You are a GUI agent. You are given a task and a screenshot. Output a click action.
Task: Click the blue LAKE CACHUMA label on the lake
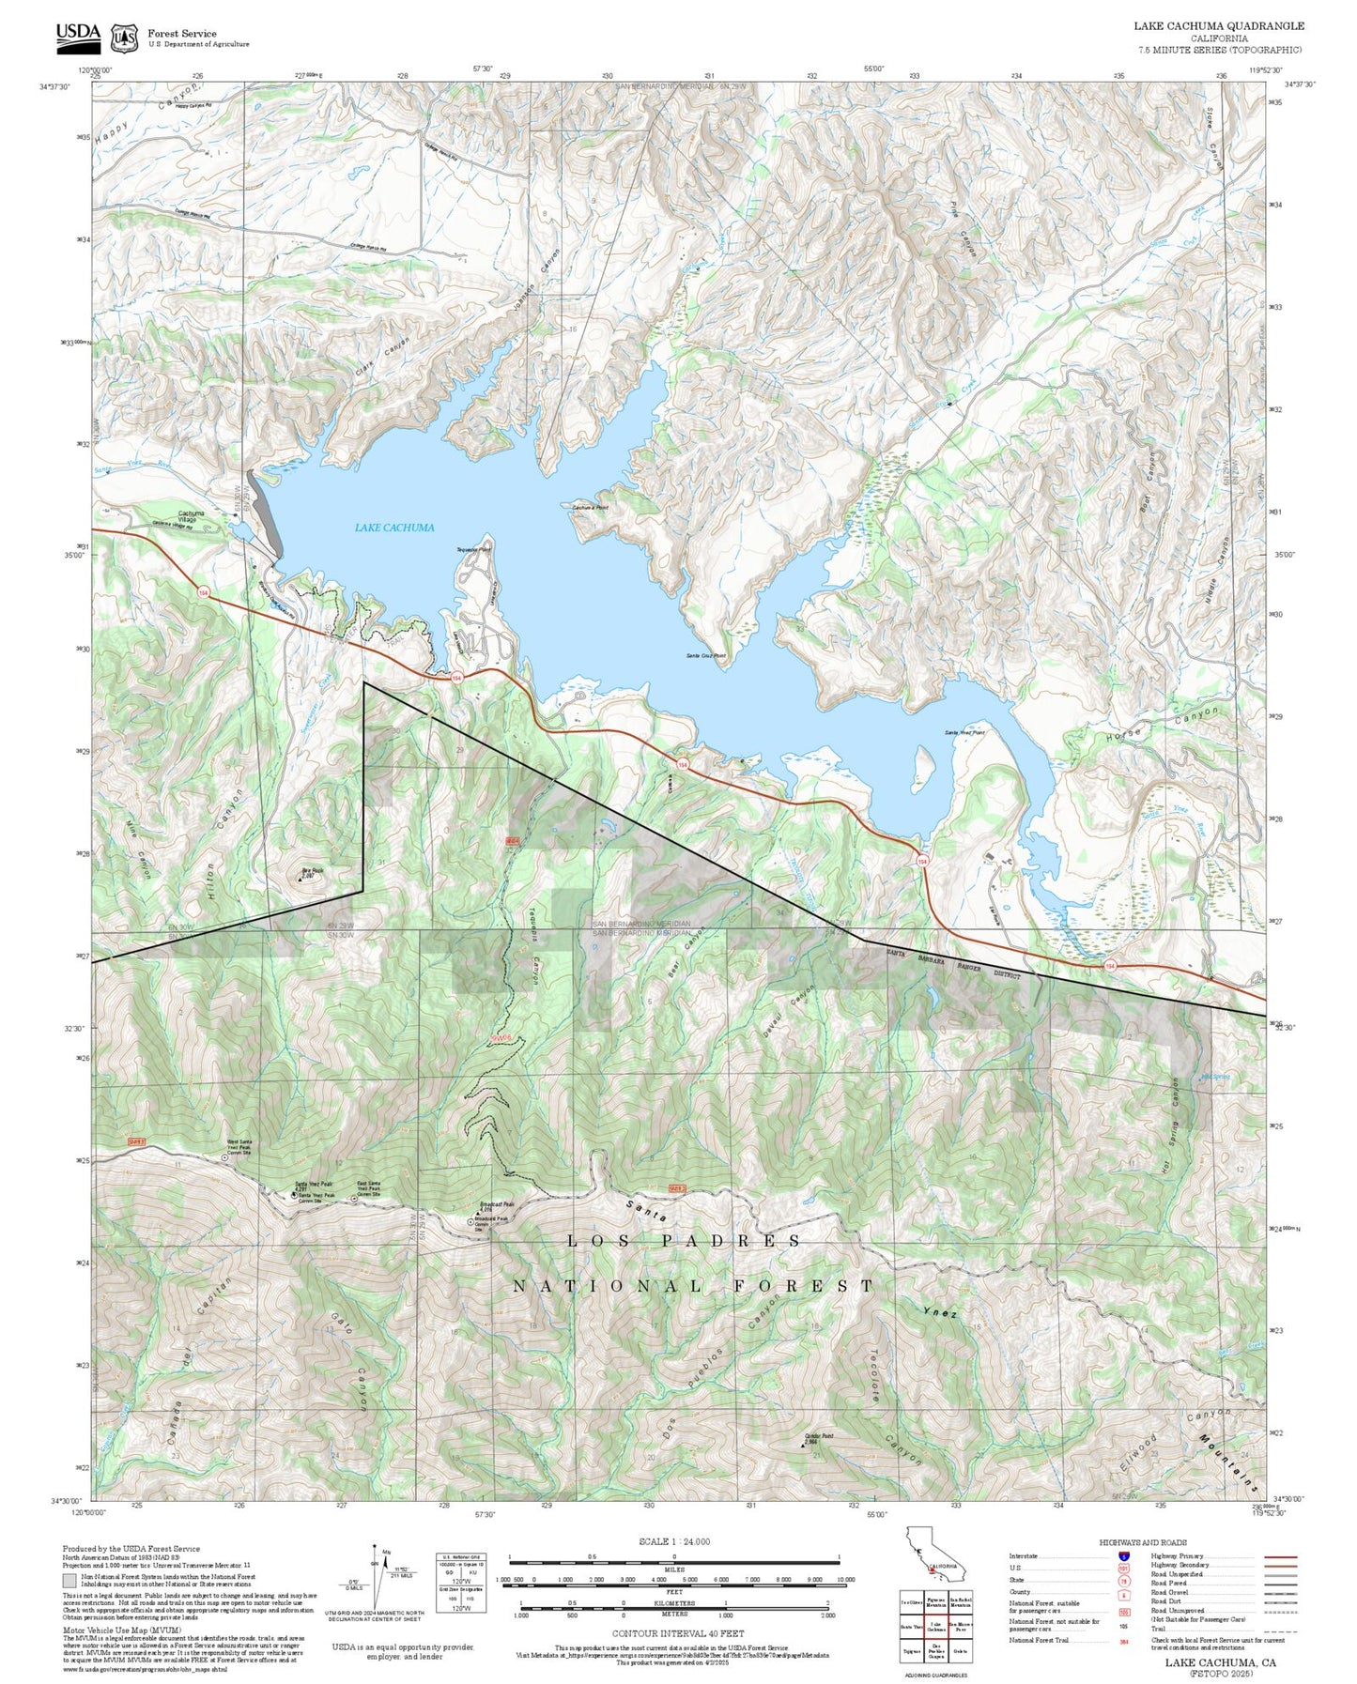[394, 528]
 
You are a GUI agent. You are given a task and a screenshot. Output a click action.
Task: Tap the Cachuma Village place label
[192, 514]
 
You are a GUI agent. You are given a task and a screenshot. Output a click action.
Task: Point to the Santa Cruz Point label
[705, 656]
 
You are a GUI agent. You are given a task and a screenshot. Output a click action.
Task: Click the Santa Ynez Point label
[964, 732]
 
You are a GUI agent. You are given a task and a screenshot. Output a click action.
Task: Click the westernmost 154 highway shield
[203, 592]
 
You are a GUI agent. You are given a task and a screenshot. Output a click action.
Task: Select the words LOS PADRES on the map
[685, 1241]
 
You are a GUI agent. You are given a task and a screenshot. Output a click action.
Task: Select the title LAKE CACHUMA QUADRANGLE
[1218, 25]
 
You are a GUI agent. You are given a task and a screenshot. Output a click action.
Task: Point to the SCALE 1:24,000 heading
[674, 1541]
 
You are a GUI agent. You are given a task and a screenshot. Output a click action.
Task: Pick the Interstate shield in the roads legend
[1124, 1556]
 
